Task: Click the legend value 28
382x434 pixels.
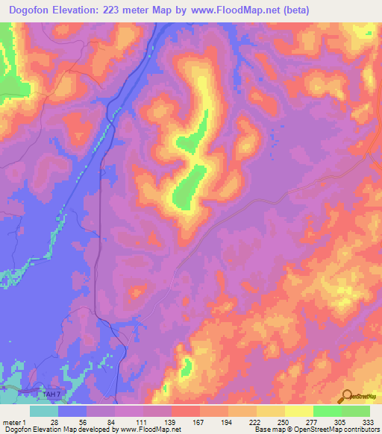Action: (54, 422)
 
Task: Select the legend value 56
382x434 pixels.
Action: (83, 422)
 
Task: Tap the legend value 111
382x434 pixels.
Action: (140, 422)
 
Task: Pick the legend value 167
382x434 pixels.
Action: (198, 422)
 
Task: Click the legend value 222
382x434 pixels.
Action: (254, 422)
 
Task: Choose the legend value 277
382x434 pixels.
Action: (312, 422)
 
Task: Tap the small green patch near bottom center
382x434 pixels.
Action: (186, 365)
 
